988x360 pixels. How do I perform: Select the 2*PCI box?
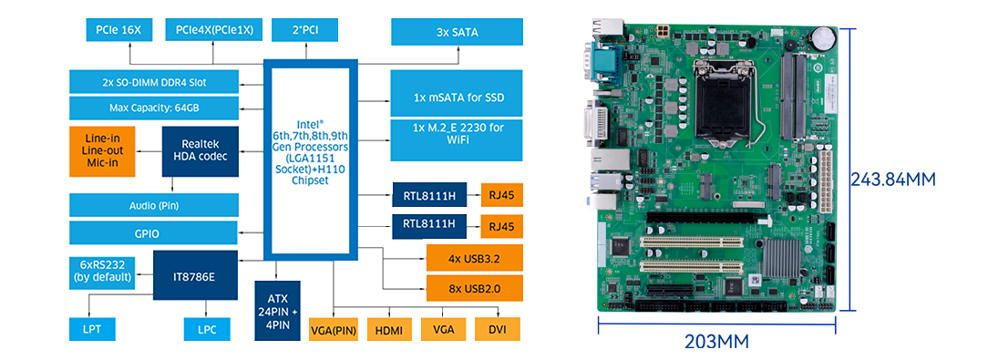(x=305, y=30)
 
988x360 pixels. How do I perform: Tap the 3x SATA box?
(x=457, y=32)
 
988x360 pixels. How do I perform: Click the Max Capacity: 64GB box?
(x=154, y=108)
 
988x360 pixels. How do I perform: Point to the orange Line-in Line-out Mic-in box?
(x=102, y=151)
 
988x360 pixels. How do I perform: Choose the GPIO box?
(x=154, y=233)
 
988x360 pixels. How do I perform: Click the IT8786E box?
(x=195, y=275)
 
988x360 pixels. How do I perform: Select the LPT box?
(x=92, y=329)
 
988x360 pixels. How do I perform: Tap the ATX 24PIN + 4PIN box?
(x=276, y=310)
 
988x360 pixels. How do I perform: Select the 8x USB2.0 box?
(x=475, y=288)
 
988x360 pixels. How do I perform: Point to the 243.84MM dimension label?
(x=893, y=179)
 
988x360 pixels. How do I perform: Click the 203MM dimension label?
(x=716, y=343)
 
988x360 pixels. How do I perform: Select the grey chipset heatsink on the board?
(x=782, y=260)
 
